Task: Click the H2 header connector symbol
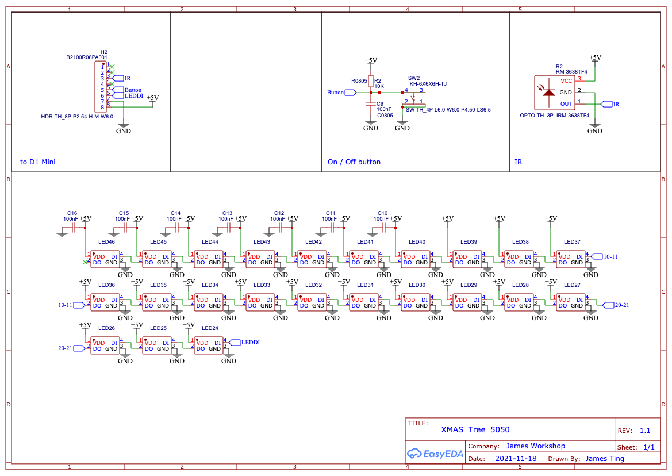click(x=99, y=87)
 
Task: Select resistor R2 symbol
click(x=371, y=81)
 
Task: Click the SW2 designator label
click(x=414, y=78)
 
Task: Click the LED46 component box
click(x=105, y=259)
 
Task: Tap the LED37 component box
click(x=571, y=259)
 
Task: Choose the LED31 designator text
click(x=365, y=285)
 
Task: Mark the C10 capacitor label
click(x=382, y=213)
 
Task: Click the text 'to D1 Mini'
click(x=38, y=162)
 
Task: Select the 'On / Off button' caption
click(x=354, y=162)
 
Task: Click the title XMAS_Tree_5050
click(x=475, y=429)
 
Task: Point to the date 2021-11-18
click(x=516, y=459)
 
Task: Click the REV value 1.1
click(x=645, y=431)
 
